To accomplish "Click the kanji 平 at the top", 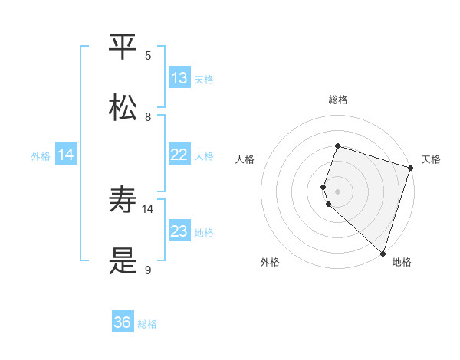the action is point(123,47).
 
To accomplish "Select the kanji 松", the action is point(123,108).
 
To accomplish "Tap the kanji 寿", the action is point(123,201).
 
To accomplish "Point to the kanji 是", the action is point(123,261).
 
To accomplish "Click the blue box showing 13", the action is point(179,78).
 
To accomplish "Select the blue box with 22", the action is point(179,155).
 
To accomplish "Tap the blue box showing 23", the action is point(179,231).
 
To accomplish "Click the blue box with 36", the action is point(123,322).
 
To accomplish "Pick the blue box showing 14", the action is point(66,155).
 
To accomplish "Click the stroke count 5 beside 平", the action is point(148,55).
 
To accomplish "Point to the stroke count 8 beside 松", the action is point(148,116).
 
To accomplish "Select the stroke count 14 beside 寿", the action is point(148,208).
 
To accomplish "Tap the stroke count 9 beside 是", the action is point(148,270).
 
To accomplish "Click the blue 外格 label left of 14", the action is point(41,155).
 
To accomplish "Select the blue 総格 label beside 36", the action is point(147,323).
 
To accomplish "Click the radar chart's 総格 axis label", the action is point(337,100).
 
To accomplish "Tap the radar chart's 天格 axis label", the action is point(431,159).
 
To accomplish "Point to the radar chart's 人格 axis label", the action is point(245,159).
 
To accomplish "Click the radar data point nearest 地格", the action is point(383,253).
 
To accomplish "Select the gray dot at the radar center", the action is point(337,191).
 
